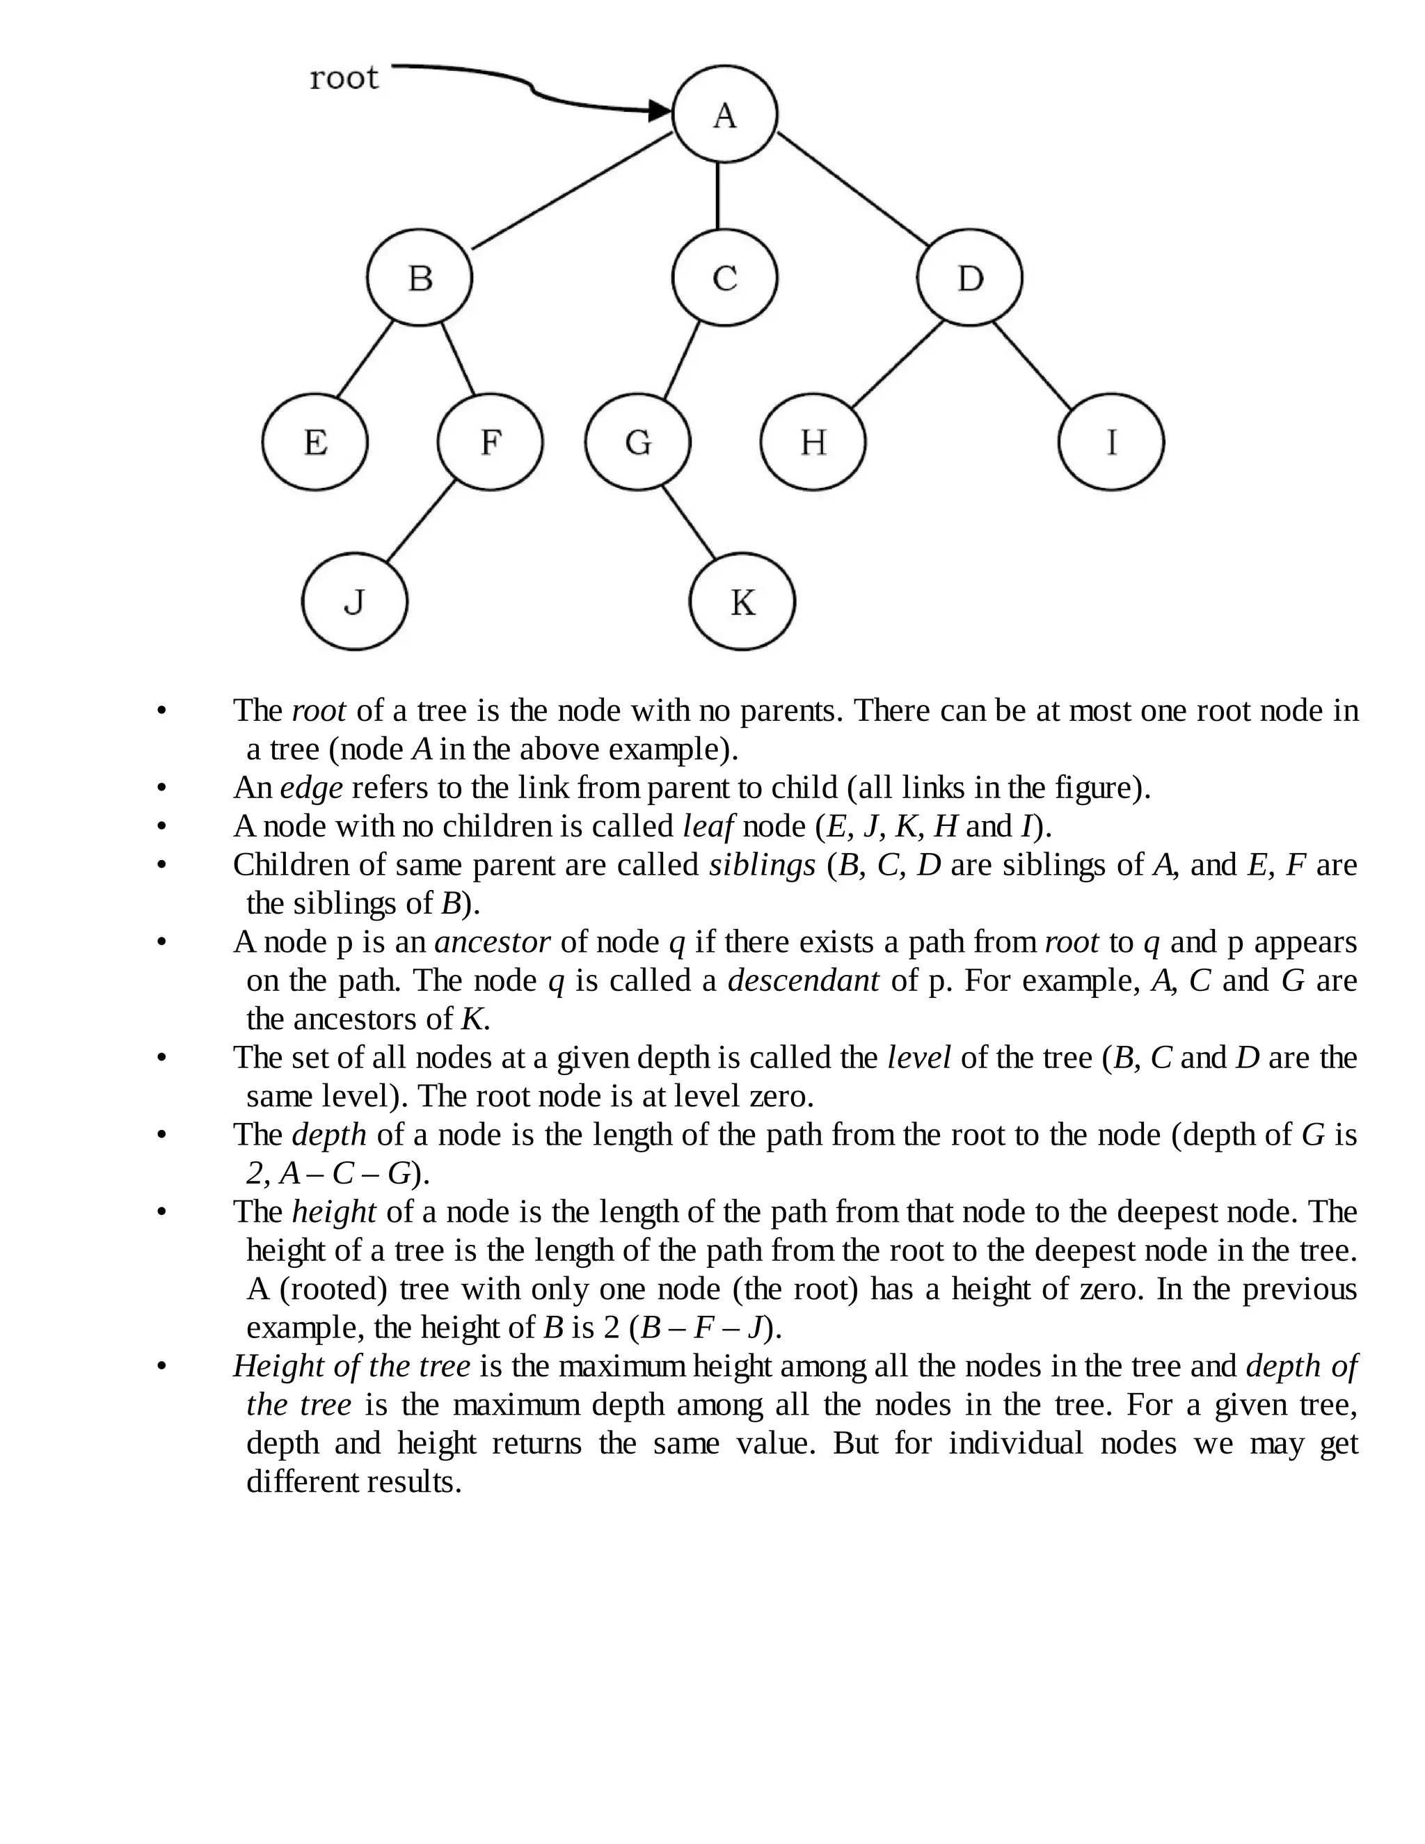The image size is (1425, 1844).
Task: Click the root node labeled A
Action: click(724, 114)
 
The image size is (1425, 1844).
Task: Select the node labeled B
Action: click(420, 277)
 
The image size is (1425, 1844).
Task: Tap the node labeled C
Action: click(724, 277)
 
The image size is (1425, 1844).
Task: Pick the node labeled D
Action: click(969, 277)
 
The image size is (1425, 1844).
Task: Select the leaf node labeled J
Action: click(355, 602)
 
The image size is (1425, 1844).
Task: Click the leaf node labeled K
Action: click(742, 602)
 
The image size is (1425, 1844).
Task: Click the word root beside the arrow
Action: click(344, 78)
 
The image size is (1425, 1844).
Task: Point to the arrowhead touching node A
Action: click(660, 110)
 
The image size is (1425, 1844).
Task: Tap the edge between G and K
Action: click(688, 522)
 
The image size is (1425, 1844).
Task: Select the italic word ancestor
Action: click(492, 942)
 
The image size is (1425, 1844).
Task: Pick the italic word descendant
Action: click(803, 981)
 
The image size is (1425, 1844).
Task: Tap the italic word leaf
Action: click(708, 827)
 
